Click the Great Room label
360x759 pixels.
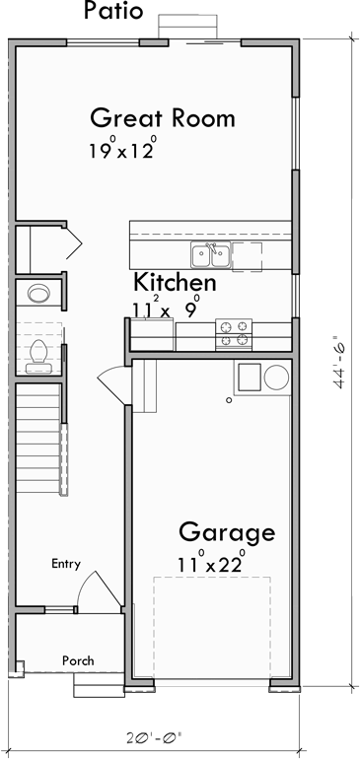(162, 118)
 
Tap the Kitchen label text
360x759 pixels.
(176, 283)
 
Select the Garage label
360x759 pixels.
(226, 533)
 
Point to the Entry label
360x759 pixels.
(66, 564)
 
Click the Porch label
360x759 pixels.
(78, 660)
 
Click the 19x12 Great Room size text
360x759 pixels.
(122, 152)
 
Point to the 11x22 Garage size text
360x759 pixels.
(210, 566)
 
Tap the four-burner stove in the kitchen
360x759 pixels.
(234, 333)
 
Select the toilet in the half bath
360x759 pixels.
(39, 353)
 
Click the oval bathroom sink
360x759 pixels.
(38, 293)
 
